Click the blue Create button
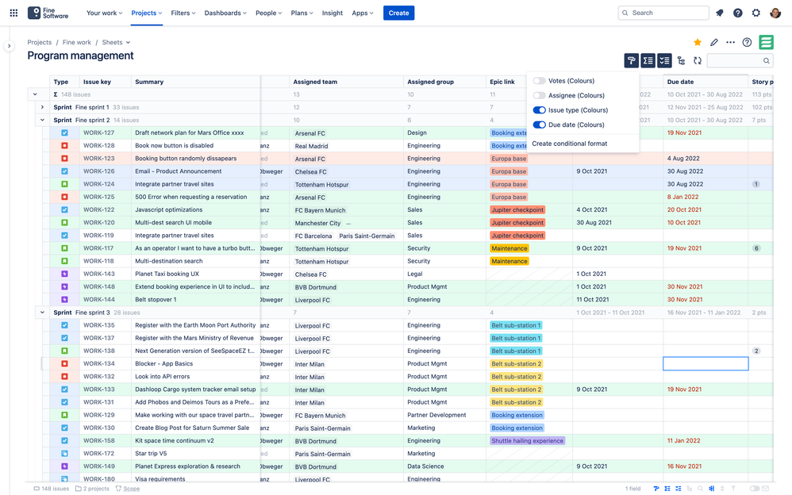pos(398,13)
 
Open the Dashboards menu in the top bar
pos(225,13)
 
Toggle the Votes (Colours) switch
pos(540,81)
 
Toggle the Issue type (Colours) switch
pos(540,110)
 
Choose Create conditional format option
pos(569,144)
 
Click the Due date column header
pos(681,82)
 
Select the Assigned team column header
pos(315,82)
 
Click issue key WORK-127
pos(99,133)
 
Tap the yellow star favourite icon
pos(698,43)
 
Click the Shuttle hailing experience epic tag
pos(528,441)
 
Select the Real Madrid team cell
pos(312,146)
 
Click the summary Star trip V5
pos(151,454)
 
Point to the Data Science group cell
pos(425,466)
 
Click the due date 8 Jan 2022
pos(682,197)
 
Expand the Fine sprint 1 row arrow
pos(42,107)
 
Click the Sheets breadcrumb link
pos(113,43)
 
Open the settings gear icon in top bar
pos(756,13)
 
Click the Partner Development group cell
pos(436,415)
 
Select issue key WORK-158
pos(99,441)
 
